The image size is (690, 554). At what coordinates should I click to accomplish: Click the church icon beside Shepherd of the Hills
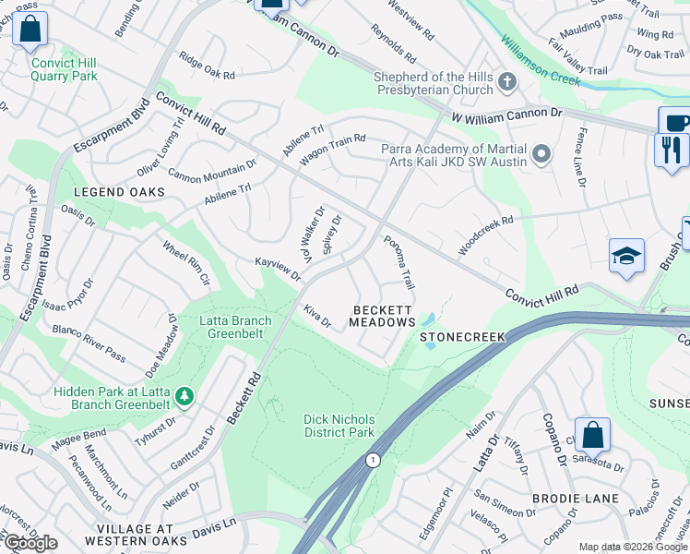point(506,84)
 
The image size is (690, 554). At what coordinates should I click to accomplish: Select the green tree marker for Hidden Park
point(185,397)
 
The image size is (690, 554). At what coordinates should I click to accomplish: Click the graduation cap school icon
point(626,258)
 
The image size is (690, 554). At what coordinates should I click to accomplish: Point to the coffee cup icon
point(674,122)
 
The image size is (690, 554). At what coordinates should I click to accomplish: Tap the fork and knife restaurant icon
point(671,150)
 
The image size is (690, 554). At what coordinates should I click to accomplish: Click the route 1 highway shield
point(373,460)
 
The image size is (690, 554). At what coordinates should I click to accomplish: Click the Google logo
point(30,543)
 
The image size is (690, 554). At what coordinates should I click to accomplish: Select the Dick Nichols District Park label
point(339,426)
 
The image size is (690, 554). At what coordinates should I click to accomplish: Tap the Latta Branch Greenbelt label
point(236,328)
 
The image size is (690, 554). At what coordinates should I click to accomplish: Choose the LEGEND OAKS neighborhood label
point(121,192)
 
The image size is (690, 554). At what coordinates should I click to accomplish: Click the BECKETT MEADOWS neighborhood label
point(382,316)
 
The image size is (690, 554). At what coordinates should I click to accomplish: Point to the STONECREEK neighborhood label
point(463,338)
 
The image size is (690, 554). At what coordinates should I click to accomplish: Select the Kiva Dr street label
point(317,315)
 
